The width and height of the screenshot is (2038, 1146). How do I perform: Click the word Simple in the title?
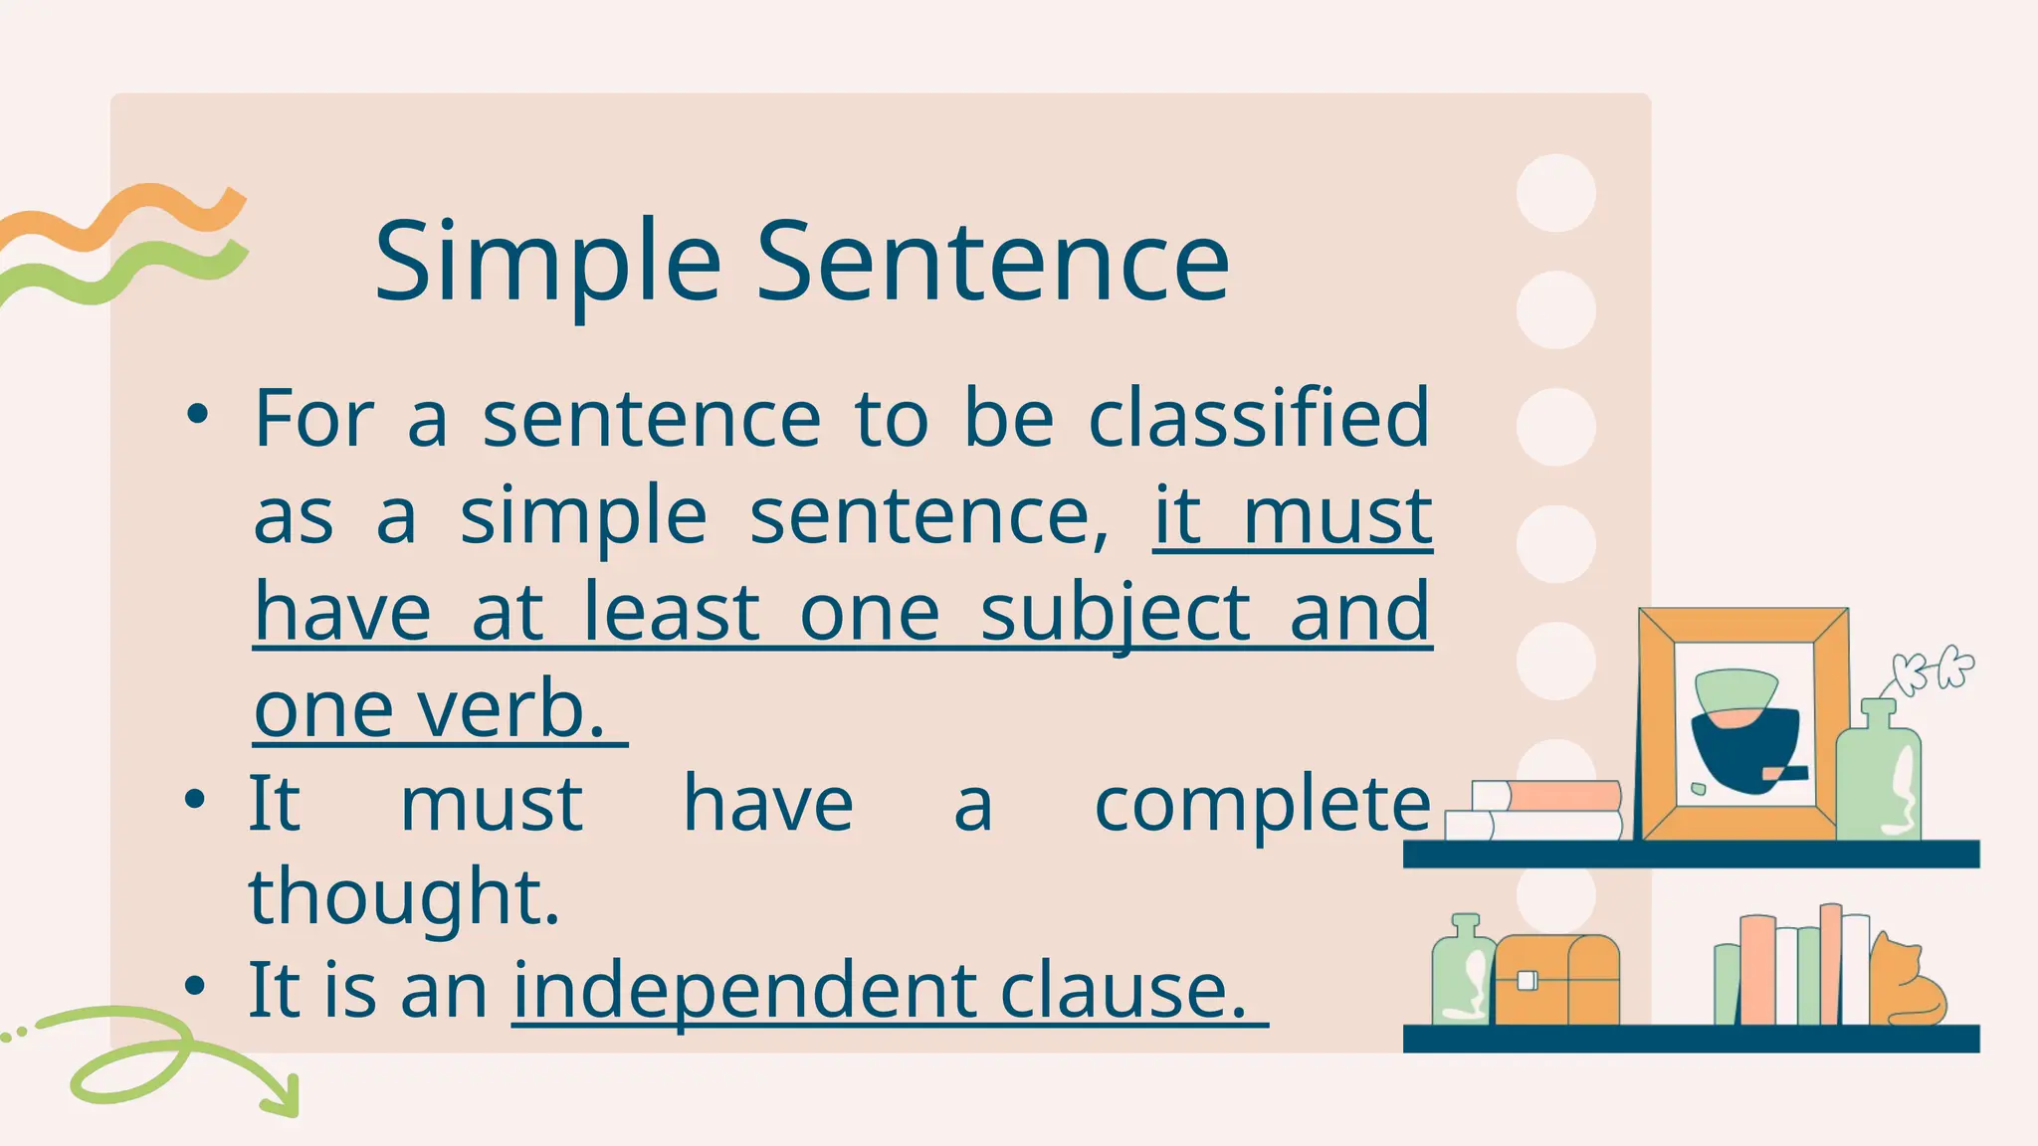[546, 263]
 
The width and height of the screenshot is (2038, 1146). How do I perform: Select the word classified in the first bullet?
[1259, 419]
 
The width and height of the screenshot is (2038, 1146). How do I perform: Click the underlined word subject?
[1115, 613]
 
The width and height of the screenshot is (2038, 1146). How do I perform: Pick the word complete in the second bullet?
[1262, 804]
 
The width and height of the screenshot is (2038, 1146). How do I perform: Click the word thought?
[403, 895]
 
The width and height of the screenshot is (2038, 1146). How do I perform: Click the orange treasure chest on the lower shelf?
[1556, 981]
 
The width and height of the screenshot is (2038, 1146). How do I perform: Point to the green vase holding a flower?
[1878, 776]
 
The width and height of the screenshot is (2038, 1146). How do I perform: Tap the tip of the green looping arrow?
[290, 1108]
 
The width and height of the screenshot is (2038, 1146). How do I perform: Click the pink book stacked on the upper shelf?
[1562, 795]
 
